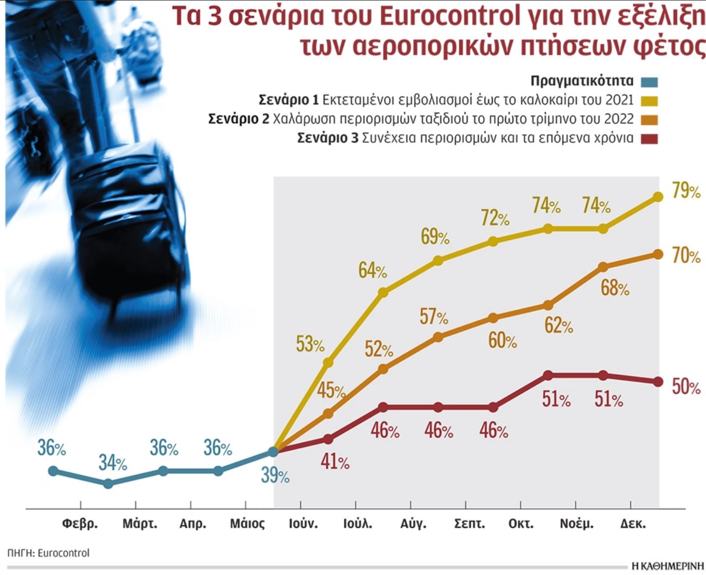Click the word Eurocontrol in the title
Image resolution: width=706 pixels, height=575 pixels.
pyautogui.click(x=450, y=17)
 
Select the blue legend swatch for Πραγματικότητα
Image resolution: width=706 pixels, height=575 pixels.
pyautogui.click(x=649, y=82)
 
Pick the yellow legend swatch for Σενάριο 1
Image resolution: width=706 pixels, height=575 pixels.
pyautogui.click(x=649, y=101)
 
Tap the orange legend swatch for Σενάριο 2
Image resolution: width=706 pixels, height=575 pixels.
pyautogui.click(x=649, y=119)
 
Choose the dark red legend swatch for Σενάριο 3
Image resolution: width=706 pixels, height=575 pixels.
pyautogui.click(x=649, y=139)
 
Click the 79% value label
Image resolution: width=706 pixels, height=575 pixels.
pyautogui.click(x=686, y=191)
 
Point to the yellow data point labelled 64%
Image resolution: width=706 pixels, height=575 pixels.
pyautogui.click(x=384, y=292)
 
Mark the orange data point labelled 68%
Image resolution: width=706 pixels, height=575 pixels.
pyautogui.click(x=604, y=267)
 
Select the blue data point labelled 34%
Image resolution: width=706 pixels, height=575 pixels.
pyautogui.click(x=109, y=484)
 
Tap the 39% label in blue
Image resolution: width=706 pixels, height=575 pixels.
pyautogui.click(x=275, y=475)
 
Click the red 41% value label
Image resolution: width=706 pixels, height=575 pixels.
pyautogui.click(x=335, y=462)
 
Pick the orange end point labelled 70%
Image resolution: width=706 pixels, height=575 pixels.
pyautogui.click(x=658, y=254)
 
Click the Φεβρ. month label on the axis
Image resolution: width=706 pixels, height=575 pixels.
pyautogui.click(x=80, y=524)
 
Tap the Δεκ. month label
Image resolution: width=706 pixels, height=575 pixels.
pyautogui.click(x=633, y=524)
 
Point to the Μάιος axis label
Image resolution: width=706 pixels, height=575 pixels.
pyautogui.click(x=247, y=524)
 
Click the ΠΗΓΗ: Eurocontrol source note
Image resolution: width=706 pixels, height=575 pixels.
pyautogui.click(x=49, y=553)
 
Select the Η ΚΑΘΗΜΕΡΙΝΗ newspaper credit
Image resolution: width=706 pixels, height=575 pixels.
pyautogui.click(x=668, y=566)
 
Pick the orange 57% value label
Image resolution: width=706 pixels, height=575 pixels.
pyautogui.click(x=434, y=317)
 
